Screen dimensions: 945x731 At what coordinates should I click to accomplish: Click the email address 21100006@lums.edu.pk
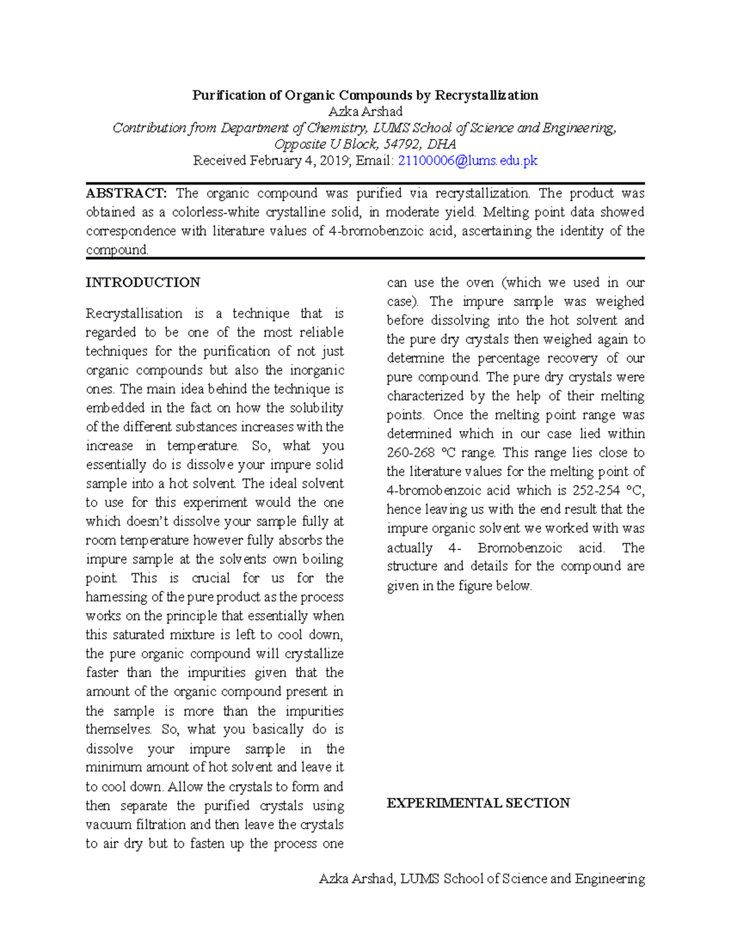[x=467, y=161]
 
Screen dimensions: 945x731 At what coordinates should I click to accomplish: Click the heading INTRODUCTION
[x=143, y=282]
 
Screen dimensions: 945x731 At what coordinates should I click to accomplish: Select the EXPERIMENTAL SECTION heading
[x=478, y=803]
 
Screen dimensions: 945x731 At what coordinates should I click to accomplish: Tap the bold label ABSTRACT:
[x=125, y=194]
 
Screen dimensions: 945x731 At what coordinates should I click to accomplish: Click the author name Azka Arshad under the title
[x=365, y=111]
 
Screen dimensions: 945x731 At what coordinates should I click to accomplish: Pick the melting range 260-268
[x=411, y=453]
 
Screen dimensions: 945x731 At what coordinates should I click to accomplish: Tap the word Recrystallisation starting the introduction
[x=134, y=313]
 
